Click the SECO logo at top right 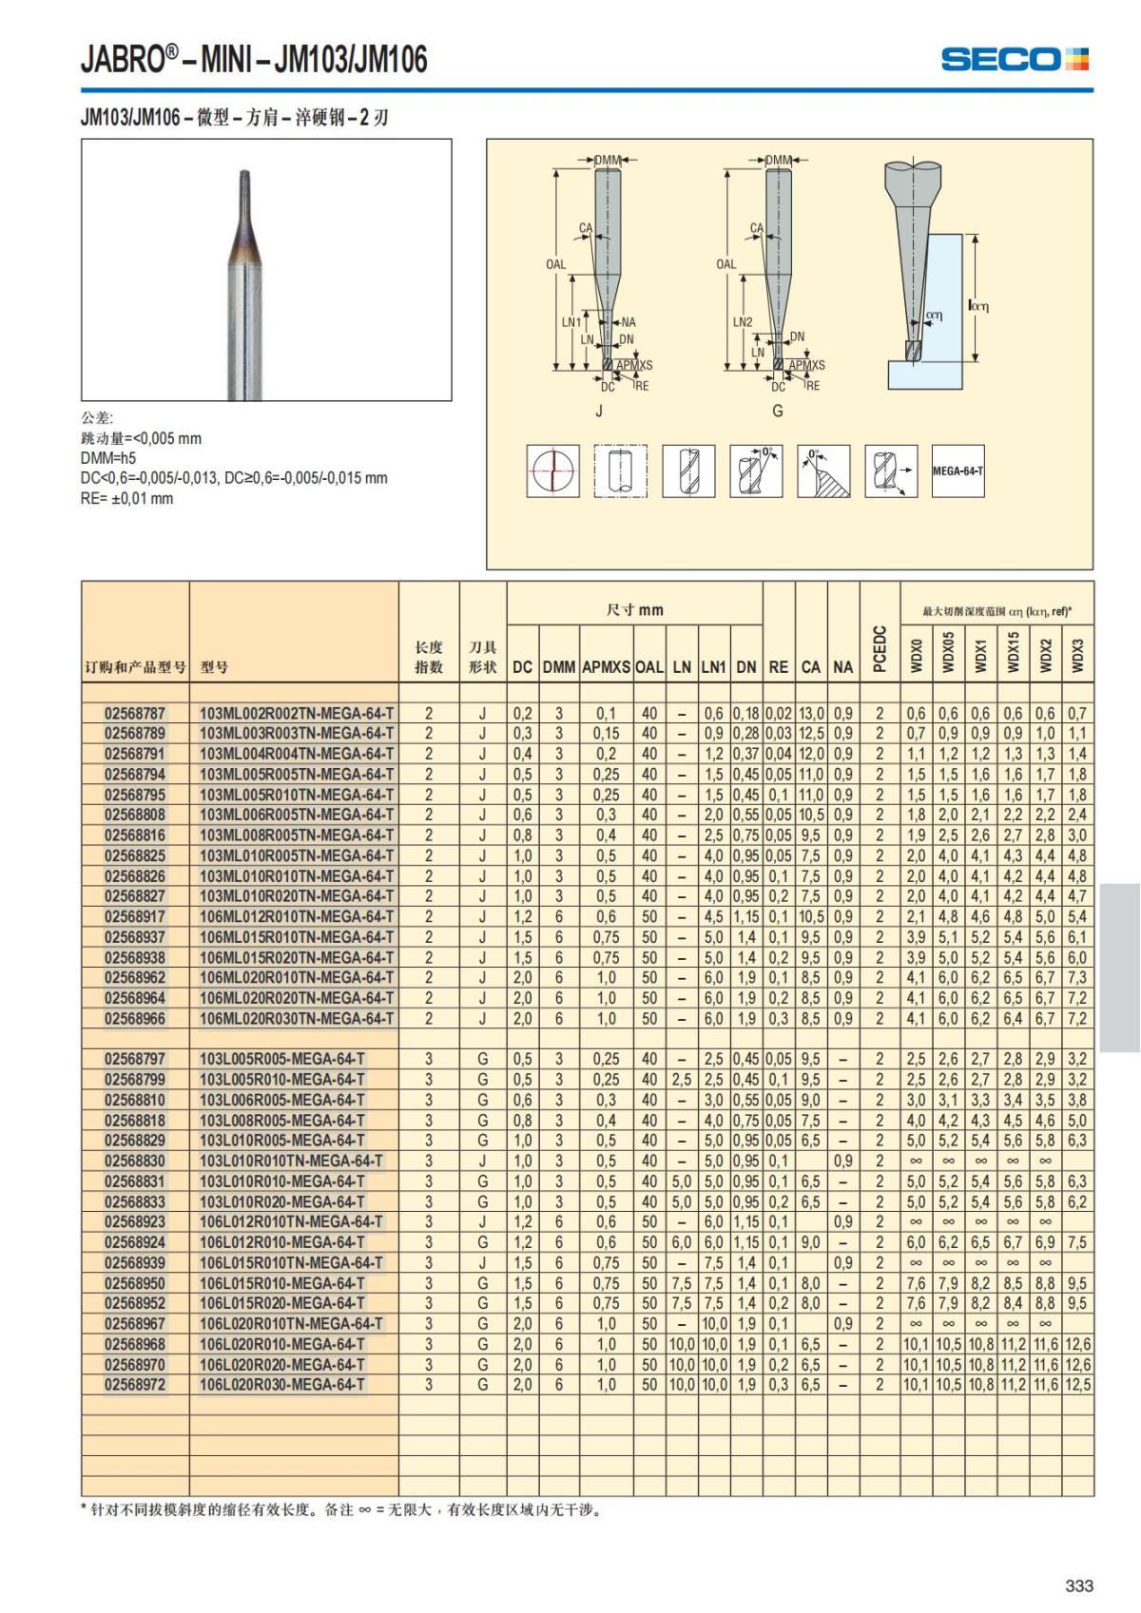pyautogui.click(x=1014, y=59)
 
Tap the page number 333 pyautogui.click(x=1079, y=1585)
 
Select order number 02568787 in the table pyautogui.click(x=135, y=713)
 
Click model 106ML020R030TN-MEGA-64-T pyautogui.click(x=297, y=1018)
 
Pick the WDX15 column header pyautogui.click(x=1014, y=653)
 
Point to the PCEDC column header pyautogui.click(x=880, y=648)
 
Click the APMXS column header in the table pyautogui.click(x=606, y=667)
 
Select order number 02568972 pyautogui.click(x=135, y=1384)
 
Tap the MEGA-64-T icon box pyautogui.click(x=957, y=470)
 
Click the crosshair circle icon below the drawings pyautogui.click(x=552, y=470)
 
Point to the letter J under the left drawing pyautogui.click(x=599, y=412)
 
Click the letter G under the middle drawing pyautogui.click(x=778, y=412)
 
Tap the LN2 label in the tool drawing pyautogui.click(x=743, y=322)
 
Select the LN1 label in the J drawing pyautogui.click(x=570, y=322)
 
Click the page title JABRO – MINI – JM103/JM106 pyautogui.click(x=254, y=60)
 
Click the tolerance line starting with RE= pyautogui.click(x=127, y=498)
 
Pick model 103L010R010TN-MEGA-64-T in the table pyautogui.click(x=291, y=1161)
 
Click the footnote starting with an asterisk pyautogui.click(x=342, y=1509)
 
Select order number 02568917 pyautogui.click(x=135, y=916)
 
